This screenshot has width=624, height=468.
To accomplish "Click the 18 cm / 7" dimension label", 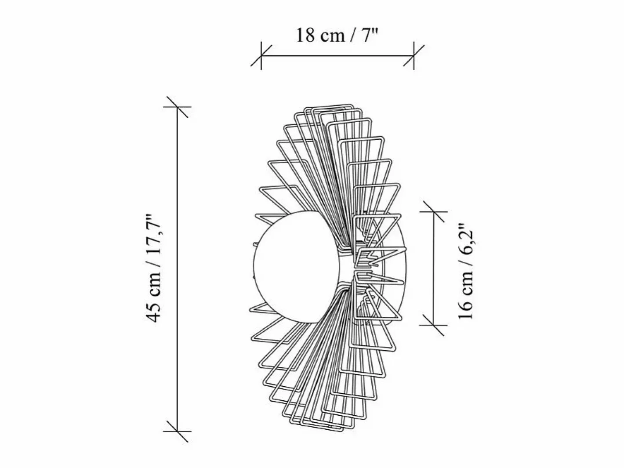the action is [x=337, y=35].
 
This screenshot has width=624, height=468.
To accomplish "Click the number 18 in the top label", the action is [x=306, y=36].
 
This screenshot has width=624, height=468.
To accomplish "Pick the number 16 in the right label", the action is [x=465, y=310].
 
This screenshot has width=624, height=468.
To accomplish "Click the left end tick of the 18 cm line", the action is [x=261, y=56].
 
